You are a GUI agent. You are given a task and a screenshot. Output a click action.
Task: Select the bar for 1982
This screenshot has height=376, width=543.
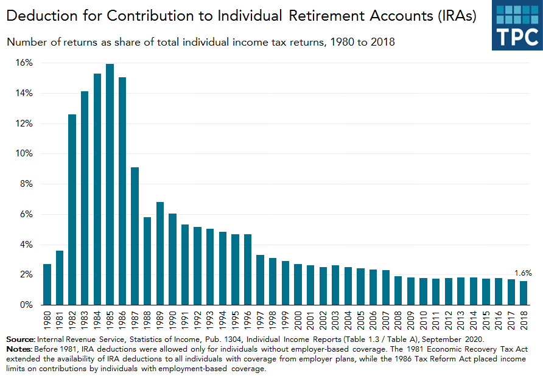pyautogui.click(x=72, y=209)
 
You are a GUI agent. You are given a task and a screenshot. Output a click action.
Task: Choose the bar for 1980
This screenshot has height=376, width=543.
pyautogui.click(x=47, y=284)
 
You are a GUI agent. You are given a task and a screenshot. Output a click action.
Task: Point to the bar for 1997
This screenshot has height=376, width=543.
pyautogui.click(x=260, y=280)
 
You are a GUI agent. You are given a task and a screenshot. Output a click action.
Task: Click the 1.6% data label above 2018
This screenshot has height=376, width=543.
pyautogui.click(x=524, y=273)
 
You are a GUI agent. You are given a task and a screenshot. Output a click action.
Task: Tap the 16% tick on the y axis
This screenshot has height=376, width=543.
pyautogui.click(x=24, y=63)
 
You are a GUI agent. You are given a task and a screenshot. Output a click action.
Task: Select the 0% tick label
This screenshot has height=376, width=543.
pyautogui.click(x=26, y=305)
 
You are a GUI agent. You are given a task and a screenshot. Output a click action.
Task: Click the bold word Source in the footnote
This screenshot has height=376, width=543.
pyautogui.click(x=19, y=338)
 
